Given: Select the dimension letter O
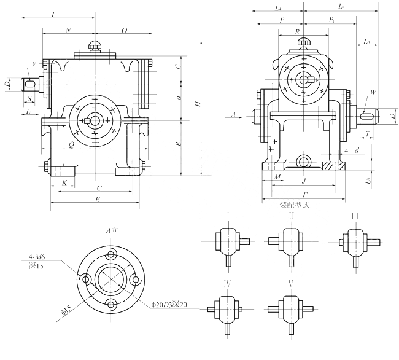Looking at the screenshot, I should point(124,29).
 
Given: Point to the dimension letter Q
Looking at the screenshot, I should point(72,145).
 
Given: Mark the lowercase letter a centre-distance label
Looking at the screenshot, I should point(178,97).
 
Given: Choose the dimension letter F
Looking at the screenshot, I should point(304,194).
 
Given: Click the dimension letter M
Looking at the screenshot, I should point(277,177).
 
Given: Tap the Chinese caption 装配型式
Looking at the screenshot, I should point(294,205).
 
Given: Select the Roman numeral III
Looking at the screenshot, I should point(355,216).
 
